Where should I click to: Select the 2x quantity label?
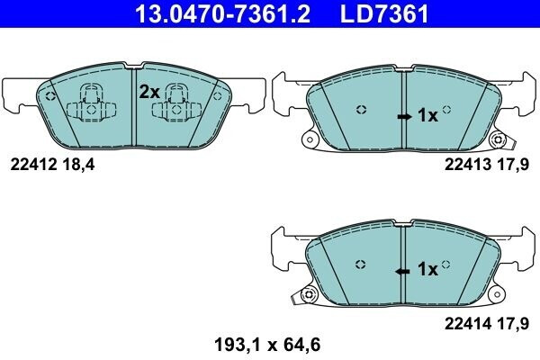(x=148, y=92)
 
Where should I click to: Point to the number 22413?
(x=465, y=165)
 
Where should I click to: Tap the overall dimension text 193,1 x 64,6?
(x=267, y=343)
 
